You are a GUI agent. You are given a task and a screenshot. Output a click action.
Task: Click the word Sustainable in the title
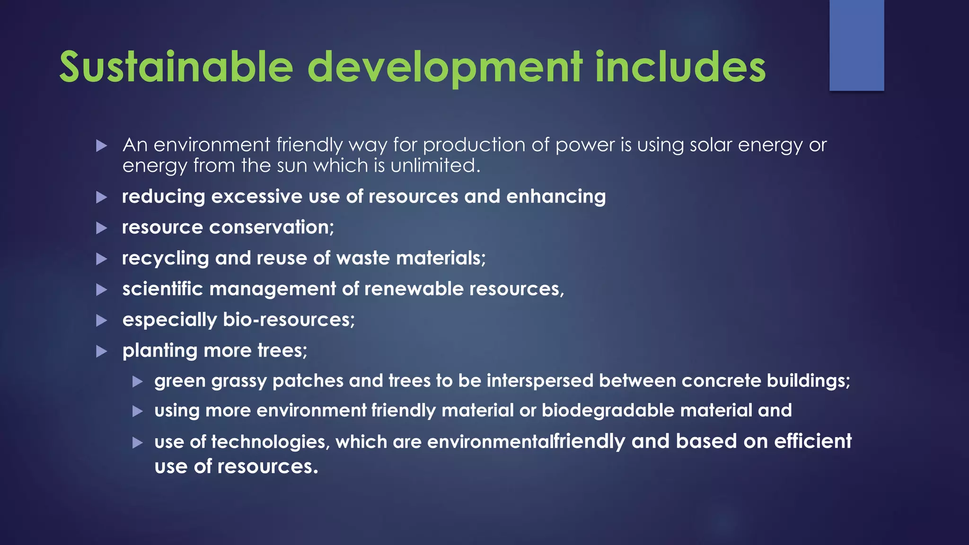176,67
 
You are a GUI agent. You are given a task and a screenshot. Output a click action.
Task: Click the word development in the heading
445,67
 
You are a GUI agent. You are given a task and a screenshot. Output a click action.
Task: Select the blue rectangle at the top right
856,45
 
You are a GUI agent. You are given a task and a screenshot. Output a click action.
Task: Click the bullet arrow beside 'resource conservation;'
102,228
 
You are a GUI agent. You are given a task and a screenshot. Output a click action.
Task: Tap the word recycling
165,258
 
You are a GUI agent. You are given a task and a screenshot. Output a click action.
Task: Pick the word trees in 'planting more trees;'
282,351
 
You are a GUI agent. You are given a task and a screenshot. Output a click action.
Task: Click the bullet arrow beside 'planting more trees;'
102,351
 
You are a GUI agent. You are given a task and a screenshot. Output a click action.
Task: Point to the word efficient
812,441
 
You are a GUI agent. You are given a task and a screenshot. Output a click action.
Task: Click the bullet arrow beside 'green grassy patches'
138,381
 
